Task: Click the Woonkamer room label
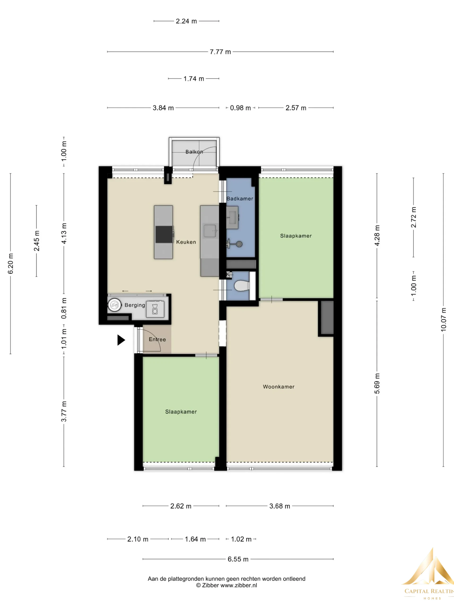279,387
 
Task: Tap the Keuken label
186,242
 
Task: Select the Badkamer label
240,199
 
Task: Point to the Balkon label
194,152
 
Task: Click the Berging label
135,305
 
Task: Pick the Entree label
157,339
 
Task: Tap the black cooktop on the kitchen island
164,234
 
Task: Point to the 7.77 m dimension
220,52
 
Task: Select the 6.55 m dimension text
238,559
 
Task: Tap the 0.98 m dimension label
240,108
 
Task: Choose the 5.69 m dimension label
377,383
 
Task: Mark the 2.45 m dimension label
36,241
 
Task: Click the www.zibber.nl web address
239,585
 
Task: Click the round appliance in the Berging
114,305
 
